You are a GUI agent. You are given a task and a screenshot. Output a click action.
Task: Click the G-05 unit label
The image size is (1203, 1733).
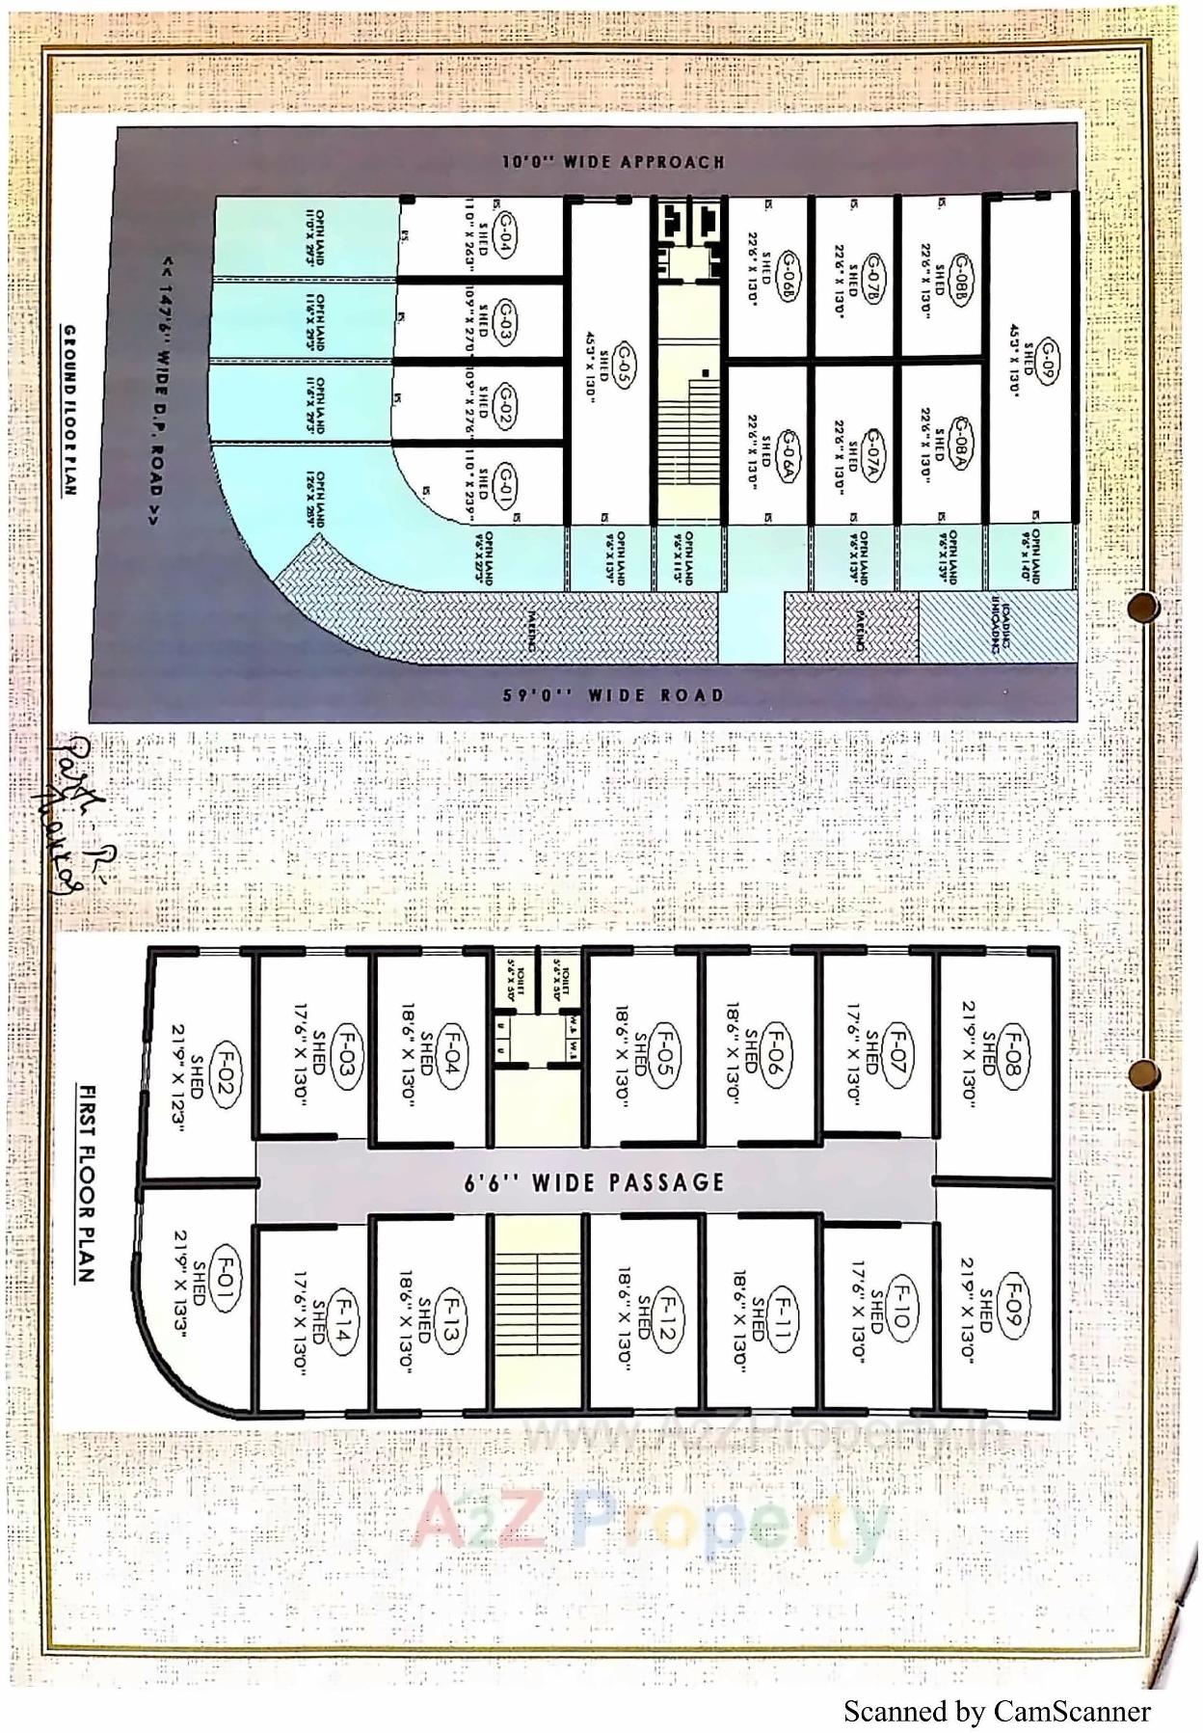point(628,361)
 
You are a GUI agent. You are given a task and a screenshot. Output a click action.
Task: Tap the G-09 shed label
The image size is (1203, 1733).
point(1048,362)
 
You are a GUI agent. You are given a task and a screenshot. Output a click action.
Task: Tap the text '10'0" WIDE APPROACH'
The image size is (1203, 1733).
point(613,162)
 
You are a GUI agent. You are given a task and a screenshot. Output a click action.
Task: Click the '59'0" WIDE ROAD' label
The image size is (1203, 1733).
point(613,694)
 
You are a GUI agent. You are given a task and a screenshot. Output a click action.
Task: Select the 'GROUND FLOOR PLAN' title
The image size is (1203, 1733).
point(70,410)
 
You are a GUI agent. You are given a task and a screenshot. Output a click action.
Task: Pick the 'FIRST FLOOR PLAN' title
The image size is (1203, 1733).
point(86,1183)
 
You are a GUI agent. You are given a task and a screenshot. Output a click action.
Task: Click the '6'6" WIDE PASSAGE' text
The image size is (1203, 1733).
point(595,1182)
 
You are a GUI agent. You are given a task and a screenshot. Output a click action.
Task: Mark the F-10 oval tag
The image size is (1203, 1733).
point(902,1306)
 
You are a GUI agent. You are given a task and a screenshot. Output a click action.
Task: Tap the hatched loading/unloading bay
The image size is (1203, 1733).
point(997,626)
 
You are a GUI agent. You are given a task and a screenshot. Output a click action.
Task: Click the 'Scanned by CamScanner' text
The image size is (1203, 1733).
point(996,1711)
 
